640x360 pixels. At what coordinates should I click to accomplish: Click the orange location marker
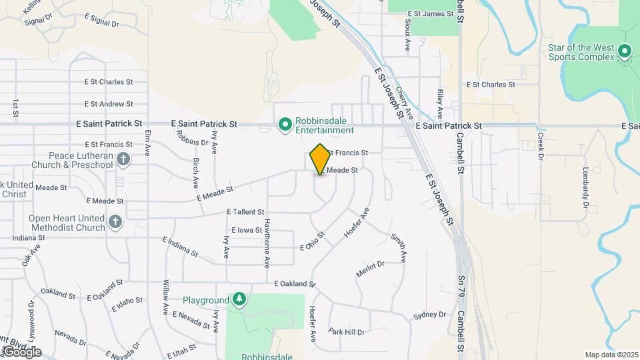tap(321, 159)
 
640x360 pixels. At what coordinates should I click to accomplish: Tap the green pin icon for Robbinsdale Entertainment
tap(285, 124)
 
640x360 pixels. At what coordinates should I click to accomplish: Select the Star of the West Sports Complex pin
tap(625, 51)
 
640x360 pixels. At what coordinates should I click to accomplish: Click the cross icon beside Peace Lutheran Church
tap(123, 159)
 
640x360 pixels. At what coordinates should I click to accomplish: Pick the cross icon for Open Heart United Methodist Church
tap(115, 222)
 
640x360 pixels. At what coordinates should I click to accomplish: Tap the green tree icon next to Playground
tap(239, 299)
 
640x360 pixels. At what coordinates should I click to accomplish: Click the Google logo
tap(21, 351)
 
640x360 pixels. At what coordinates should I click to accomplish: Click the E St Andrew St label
tap(109, 104)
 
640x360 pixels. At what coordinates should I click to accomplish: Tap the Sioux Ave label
tap(407, 35)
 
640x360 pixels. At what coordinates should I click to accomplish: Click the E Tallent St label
tap(246, 211)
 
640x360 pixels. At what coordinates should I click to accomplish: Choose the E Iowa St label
tap(242, 230)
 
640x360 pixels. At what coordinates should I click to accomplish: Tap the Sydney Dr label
tap(429, 315)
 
